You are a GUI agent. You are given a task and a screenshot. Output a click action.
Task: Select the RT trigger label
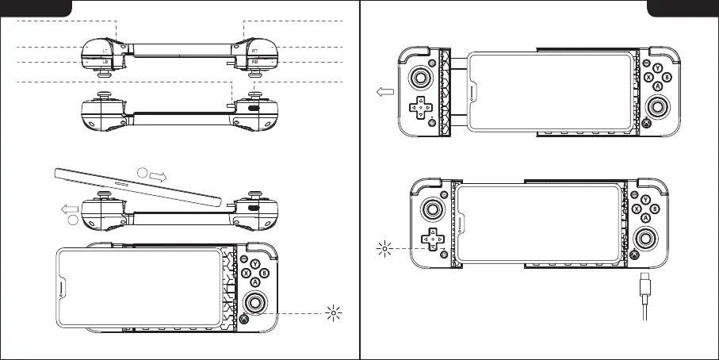[x=254, y=50]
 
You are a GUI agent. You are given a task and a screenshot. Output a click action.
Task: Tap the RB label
[x=254, y=62]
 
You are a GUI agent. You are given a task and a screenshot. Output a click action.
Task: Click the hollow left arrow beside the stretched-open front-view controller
[x=384, y=91]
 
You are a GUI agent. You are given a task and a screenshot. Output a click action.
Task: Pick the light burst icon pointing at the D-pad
[x=386, y=248]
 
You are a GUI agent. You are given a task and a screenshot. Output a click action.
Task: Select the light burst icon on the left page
[x=335, y=312]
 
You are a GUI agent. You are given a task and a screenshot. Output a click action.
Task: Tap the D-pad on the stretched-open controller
[x=420, y=107]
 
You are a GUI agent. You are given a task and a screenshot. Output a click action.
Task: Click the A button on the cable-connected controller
[x=647, y=217]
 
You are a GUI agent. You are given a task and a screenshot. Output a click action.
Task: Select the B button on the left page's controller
[x=265, y=274]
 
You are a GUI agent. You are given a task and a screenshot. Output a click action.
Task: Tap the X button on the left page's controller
[x=245, y=273]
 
